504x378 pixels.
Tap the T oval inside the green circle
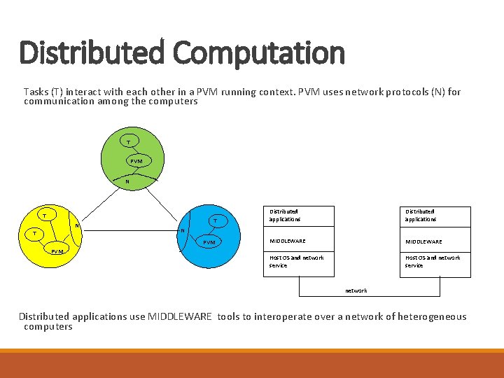click(128, 142)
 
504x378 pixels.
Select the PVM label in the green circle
click(136, 161)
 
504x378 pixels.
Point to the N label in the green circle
click(126, 182)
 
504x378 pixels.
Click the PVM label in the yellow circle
click(57, 251)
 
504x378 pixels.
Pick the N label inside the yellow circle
click(77, 225)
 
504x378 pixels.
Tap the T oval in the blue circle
click(215, 221)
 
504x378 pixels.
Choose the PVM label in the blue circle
click(209, 243)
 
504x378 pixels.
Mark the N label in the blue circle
click(182, 230)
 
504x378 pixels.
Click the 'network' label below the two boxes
click(356, 290)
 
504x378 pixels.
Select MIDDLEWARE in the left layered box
click(287, 241)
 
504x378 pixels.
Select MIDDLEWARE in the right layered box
click(423, 242)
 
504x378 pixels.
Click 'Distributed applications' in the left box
click(285, 215)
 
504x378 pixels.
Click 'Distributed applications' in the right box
click(420, 215)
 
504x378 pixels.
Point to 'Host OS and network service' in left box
click(296, 261)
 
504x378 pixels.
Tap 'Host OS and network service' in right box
click(433, 261)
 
